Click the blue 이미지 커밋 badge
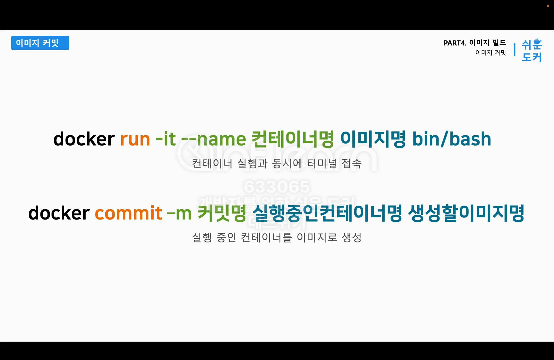[40, 43]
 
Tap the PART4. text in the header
[455, 43]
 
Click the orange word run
[135, 139]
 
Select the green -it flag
[166, 139]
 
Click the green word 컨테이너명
[292, 139]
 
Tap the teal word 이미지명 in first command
[373, 139]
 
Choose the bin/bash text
[452, 139]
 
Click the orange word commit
[128, 213]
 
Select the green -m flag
[179, 213]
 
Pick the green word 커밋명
[222, 213]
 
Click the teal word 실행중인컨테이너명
[327, 213]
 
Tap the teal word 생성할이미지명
[466, 213]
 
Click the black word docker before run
[84, 139]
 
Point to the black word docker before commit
[59, 213]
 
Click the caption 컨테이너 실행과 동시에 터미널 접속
[277, 163]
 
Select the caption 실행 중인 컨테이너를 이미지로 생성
[277, 237]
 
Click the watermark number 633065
[277, 187]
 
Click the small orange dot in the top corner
[548, 6]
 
